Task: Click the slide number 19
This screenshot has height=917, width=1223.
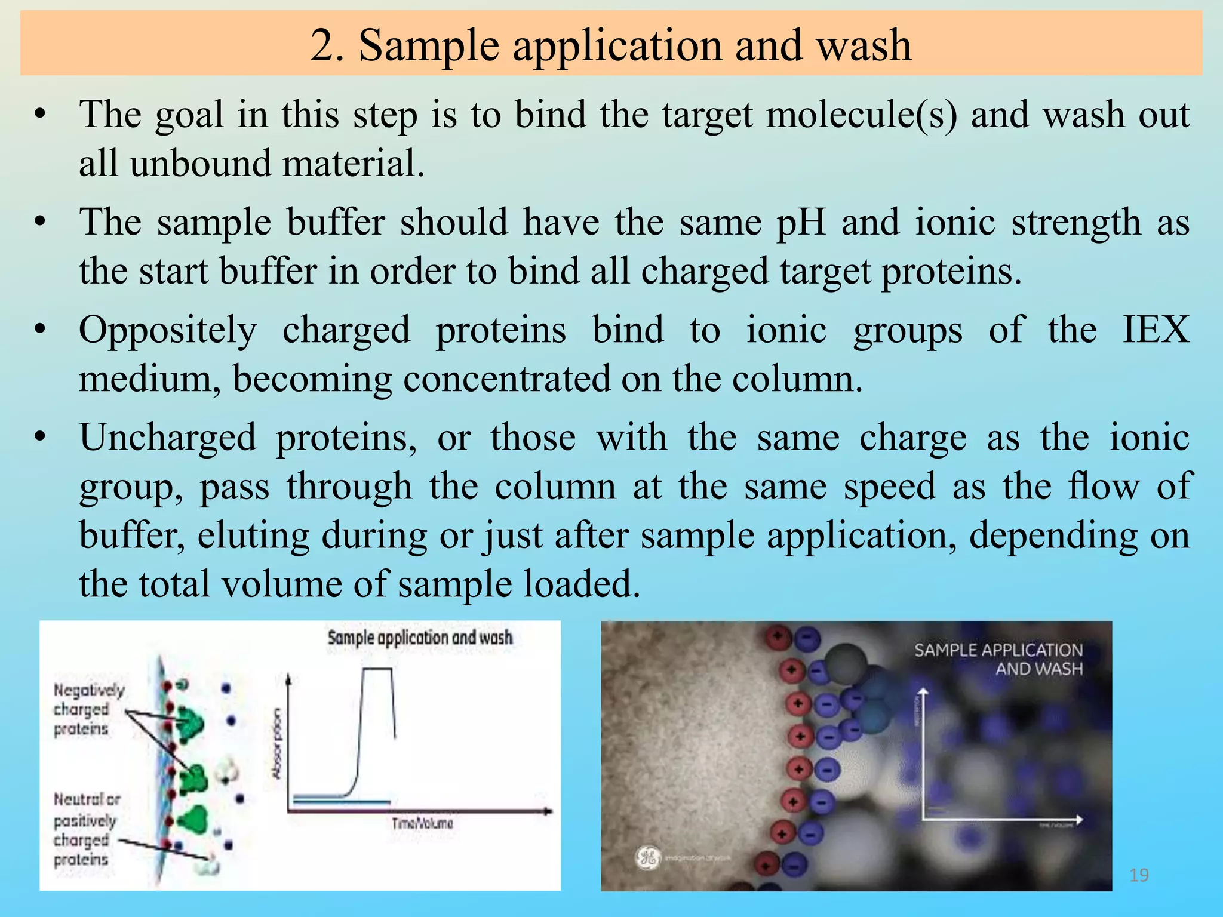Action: pos(1139,875)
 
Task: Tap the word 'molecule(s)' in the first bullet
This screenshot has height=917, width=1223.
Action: pos(862,115)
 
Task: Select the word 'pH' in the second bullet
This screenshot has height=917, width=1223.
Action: pos(801,223)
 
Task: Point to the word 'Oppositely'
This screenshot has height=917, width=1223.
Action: pos(168,331)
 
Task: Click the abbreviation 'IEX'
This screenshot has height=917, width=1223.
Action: pos(1156,330)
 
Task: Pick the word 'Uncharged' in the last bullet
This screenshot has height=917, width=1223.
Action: pos(168,438)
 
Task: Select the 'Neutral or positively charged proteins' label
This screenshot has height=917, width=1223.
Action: pos(86,830)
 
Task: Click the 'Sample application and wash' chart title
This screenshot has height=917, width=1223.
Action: pos(420,638)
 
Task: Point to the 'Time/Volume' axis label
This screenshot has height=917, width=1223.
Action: pos(422,824)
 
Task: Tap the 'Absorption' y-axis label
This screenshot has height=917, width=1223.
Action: pos(276,743)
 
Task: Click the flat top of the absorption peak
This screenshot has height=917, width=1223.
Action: pos(377,669)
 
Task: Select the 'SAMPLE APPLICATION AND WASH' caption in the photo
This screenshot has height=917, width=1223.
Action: pos(998,659)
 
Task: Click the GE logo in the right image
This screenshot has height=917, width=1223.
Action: pos(647,858)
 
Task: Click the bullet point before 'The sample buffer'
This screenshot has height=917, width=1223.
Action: pos(40,223)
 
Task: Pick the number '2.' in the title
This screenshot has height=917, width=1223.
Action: pos(327,45)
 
